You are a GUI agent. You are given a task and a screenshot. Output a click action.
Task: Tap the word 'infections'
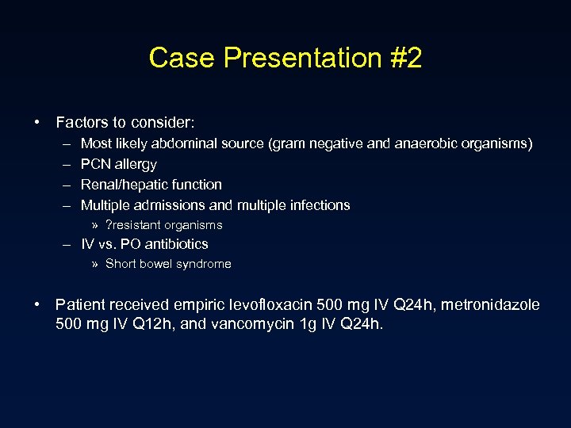point(318,205)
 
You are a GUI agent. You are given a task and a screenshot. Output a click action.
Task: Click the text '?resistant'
point(134,225)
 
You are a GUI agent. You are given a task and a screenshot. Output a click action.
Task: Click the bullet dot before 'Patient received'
point(37,305)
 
